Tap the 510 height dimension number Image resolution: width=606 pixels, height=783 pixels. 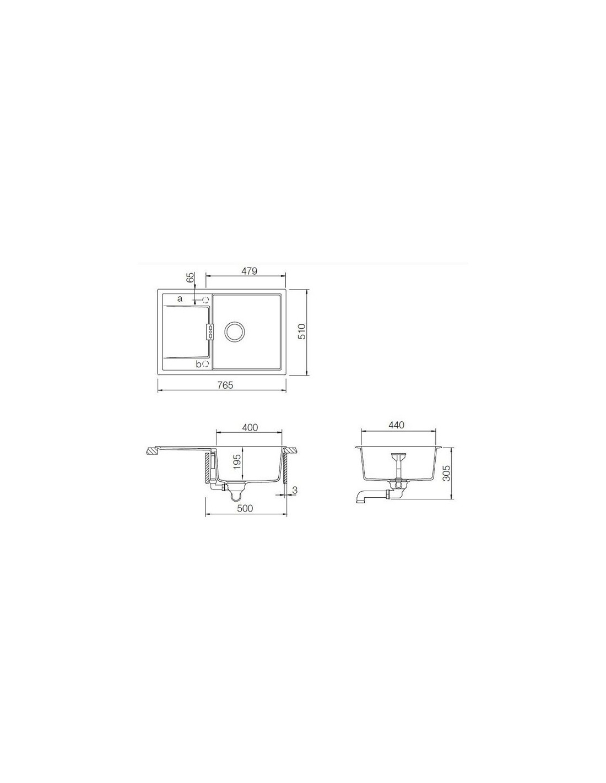[302, 331]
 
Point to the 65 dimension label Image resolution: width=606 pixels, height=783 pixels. [190, 278]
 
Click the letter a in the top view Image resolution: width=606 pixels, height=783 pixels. [180, 298]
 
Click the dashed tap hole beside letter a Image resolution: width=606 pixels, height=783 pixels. [206, 300]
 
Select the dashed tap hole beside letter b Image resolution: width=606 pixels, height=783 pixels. [206, 365]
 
